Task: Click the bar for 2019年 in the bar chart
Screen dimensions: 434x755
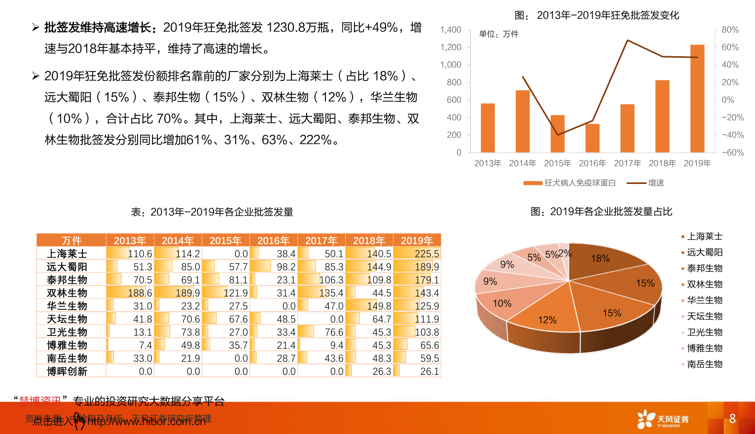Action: pos(697,99)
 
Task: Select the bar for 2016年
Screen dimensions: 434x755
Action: pos(592,138)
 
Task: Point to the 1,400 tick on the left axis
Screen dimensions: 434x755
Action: pos(451,30)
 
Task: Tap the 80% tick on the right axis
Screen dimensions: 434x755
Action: pos(730,30)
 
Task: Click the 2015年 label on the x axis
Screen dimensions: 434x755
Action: pos(557,163)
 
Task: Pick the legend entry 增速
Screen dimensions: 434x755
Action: pos(646,183)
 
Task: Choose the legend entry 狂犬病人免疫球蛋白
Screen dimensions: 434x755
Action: pos(570,183)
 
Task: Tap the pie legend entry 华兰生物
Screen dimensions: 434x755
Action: pos(704,300)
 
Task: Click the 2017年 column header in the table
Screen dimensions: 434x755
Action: pos(321,241)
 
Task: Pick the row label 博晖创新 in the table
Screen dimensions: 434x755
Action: pos(67,371)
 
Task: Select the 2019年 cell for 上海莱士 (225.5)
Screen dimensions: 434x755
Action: pos(417,253)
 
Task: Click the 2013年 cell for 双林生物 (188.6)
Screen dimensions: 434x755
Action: pos(130,293)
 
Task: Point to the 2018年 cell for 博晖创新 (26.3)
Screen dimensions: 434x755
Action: pos(369,371)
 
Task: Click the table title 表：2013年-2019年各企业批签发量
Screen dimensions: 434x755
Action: pos(212,212)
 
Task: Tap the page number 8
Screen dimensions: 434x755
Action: pos(732,419)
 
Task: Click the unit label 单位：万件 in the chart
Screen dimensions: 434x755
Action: pos(499,34)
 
